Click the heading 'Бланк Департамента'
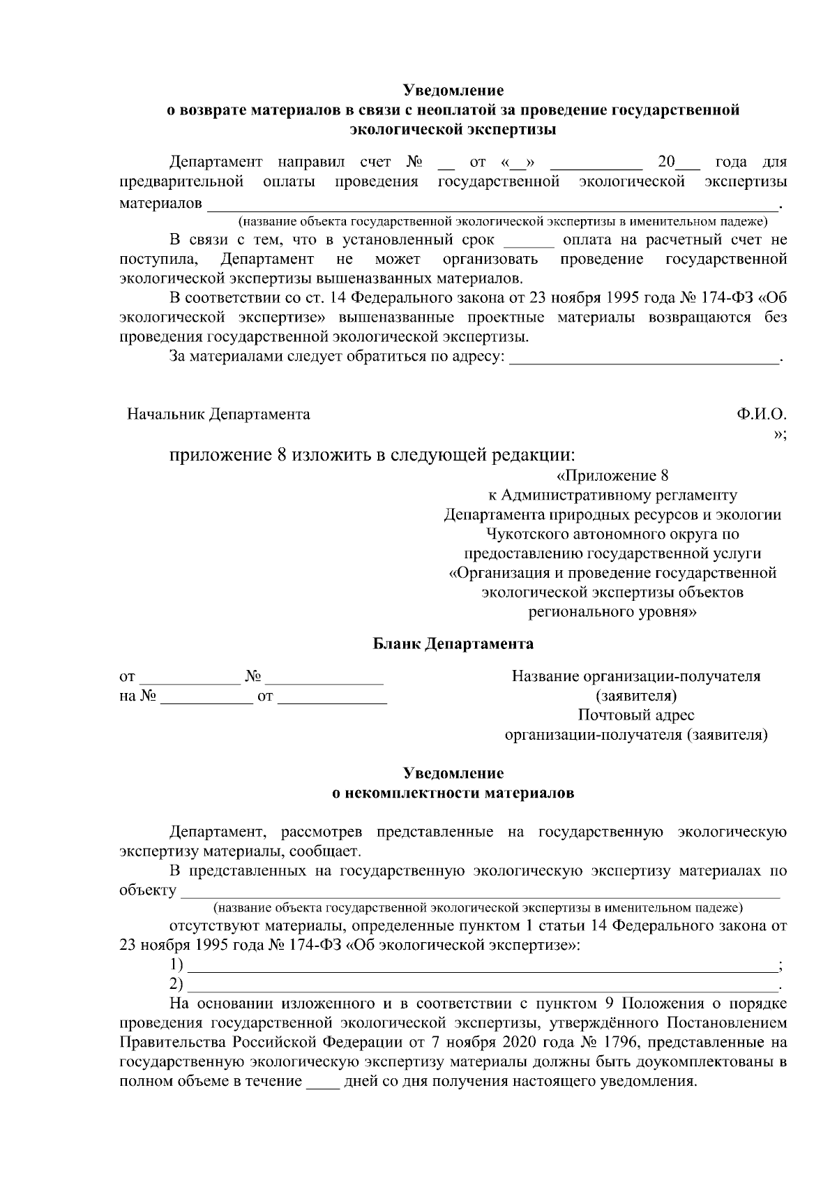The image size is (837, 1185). coord(453,643)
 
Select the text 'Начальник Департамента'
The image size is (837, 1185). coord(218,415)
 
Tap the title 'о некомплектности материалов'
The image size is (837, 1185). coord(453,793)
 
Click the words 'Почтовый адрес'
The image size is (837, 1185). coord(635,715)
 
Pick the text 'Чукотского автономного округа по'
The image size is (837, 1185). coord(612,535)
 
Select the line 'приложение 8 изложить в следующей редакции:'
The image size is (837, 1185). coord(372,456)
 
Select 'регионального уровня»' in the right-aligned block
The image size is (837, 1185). coord(612,613)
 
